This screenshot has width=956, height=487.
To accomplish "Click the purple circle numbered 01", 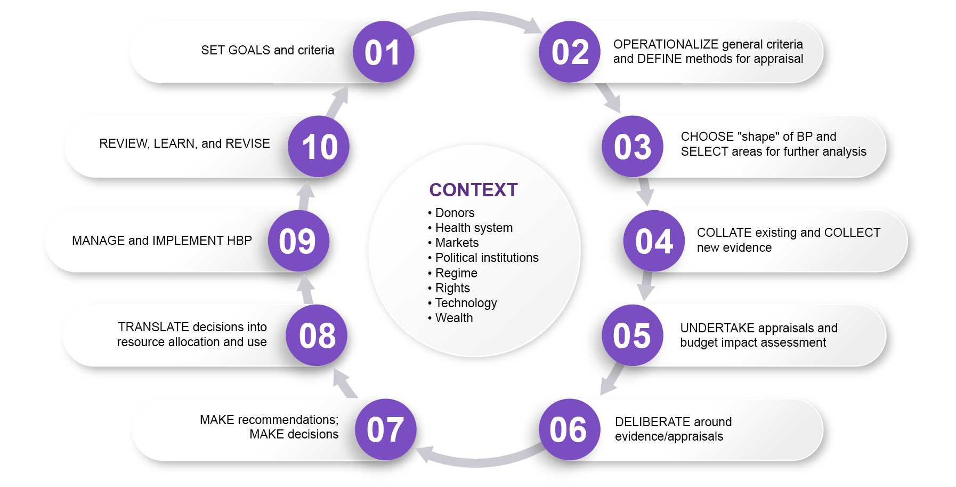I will (383, 52).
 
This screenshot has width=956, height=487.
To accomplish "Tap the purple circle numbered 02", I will (570, 52).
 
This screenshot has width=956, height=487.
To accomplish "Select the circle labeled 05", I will (632, 336).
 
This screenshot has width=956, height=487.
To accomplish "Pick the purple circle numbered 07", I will (385, 429).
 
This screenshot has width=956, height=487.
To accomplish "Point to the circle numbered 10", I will (319, 147).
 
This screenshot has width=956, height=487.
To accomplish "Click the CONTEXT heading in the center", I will (473, 190).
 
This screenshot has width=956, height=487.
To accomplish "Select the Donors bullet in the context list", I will (454, 213).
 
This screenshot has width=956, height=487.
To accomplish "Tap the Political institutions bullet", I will (486, 258).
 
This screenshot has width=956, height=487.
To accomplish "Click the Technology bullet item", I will (465, 303).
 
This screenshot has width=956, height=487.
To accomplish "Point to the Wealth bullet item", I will (453, 318).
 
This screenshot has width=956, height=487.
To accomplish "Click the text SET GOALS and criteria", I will (268, 50).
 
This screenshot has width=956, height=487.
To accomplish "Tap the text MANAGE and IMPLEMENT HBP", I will (161, 241).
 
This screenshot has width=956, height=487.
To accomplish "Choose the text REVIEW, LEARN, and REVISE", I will (184, 143).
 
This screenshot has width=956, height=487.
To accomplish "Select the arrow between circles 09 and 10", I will (305, 196).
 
